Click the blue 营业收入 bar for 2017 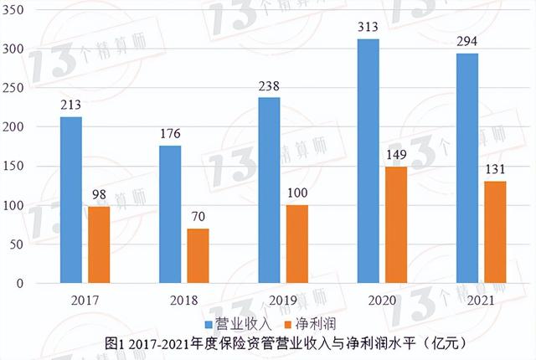[x=71, y=200]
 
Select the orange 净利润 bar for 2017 [x=98, y=244]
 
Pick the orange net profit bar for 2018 [x=198, y=255]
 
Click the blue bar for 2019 [x=270, y=190]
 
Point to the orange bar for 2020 [x=396, y=224]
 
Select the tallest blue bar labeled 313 [x=368, y=161]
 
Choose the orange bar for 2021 [x=495, y=232]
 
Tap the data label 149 [x=396, y=153]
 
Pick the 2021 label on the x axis [x=480, y=300]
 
